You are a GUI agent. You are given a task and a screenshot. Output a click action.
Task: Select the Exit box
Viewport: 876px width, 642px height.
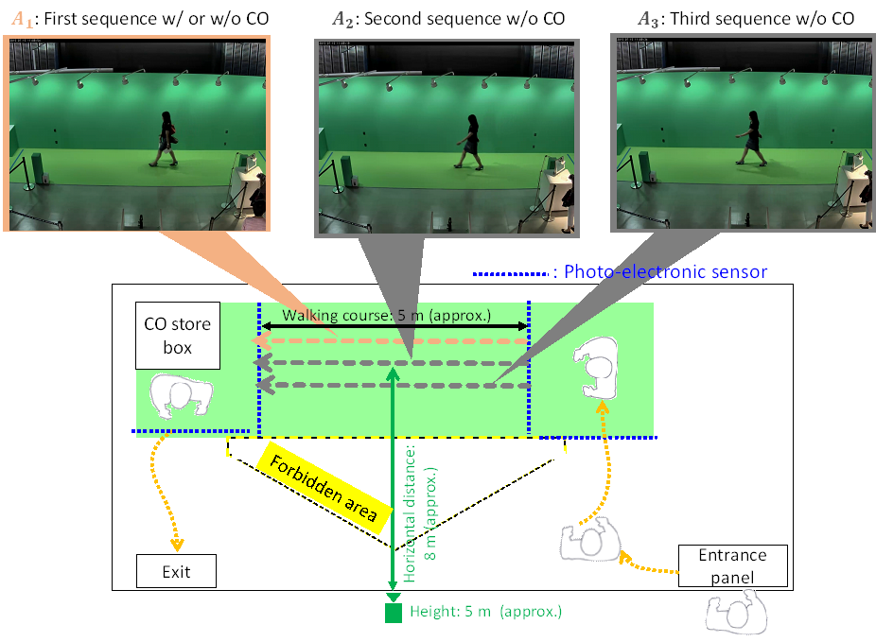coord(176,572)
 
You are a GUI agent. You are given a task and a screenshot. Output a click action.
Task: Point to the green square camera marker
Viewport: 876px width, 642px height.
coord(394,613)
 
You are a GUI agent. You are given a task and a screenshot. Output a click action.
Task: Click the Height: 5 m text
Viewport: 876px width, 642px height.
coord(485,612)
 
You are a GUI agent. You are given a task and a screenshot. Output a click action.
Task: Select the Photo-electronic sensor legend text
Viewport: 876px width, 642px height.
coord(665,272)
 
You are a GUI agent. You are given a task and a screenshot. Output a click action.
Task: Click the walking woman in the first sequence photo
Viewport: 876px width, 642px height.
coord(167,138)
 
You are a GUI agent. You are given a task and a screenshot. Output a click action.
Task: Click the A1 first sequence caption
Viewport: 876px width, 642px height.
coord(139,18)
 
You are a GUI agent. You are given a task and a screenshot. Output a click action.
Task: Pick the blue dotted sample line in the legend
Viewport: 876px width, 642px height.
coord(512,274)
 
